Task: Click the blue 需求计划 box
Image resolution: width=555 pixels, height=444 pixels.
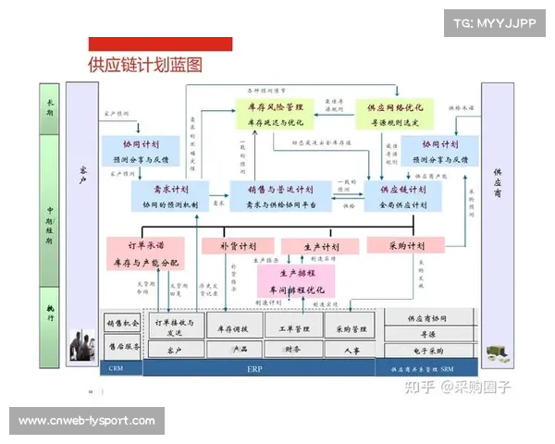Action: tap(172, 196)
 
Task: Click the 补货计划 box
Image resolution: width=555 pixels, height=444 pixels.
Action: tap(238, 247)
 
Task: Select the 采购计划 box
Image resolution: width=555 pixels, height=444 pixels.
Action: tap(405, 246)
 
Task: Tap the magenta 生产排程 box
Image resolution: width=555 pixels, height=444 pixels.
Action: tap(297, 281)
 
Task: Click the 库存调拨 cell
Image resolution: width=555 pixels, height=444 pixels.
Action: tap(232, 328)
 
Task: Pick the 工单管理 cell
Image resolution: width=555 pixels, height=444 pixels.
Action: tap(292, 328)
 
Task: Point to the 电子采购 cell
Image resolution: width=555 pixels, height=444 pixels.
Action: tap(426, 351)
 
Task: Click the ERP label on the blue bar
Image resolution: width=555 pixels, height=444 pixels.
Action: tap(254, 367)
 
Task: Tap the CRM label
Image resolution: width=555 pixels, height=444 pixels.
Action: tap(116, 367)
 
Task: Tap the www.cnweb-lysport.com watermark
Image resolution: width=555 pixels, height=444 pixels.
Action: tap(87, 421)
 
